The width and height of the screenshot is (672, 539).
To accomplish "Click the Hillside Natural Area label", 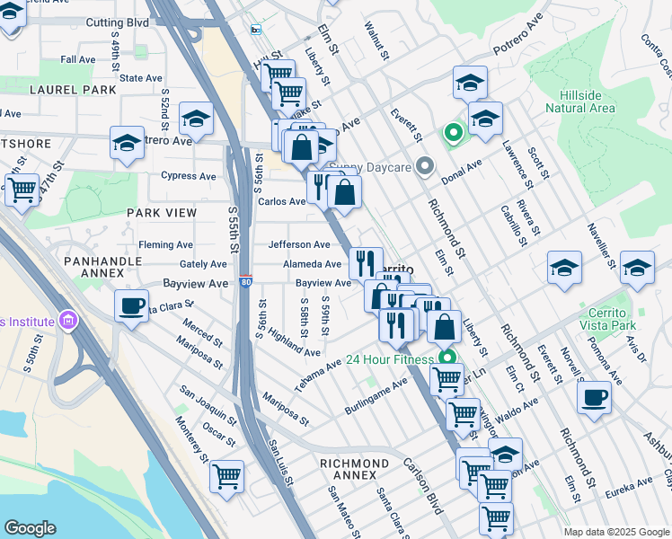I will (x=579, y=101).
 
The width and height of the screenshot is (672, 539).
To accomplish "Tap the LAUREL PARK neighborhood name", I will (x=73, y=90).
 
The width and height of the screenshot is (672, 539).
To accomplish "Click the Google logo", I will (x=30, y=528).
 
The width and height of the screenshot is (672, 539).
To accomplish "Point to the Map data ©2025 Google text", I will (x=615, y=532).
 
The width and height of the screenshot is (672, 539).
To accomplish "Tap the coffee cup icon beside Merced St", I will (x=131, y=305).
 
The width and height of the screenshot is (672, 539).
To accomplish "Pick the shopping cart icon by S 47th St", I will (x=22, y=190).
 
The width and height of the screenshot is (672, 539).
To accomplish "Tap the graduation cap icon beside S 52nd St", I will (x=196, y=118).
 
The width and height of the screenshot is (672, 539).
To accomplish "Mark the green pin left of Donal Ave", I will (x=453, y=135).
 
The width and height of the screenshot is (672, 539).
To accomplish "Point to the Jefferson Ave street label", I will (x=299, y=244).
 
